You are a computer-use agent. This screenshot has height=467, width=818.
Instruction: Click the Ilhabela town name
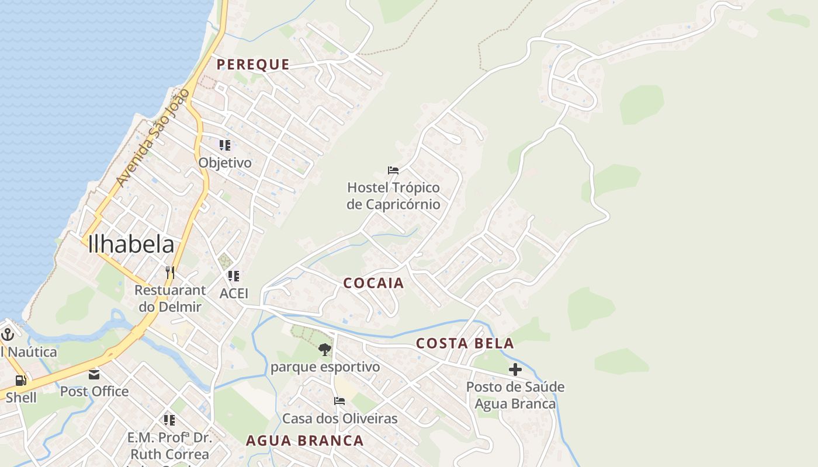point(131,245)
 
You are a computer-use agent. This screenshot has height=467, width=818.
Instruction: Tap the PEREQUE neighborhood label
point(253,64)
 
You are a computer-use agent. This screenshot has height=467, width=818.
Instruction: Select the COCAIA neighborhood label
point(373,283)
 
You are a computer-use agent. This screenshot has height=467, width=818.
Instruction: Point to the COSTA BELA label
point(465,343)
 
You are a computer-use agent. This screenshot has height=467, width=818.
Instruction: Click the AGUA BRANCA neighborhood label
point(304,440)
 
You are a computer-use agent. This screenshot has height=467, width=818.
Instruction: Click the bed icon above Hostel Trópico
point(393,170)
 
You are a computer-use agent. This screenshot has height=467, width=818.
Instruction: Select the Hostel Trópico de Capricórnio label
point(393,196)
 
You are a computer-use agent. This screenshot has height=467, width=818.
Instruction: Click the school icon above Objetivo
point(225,145)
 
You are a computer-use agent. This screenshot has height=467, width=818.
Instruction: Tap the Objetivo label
point(225,163)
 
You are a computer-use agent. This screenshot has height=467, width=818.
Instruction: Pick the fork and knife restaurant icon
point(170,272)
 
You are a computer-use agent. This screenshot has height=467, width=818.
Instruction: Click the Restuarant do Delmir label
point(170,298)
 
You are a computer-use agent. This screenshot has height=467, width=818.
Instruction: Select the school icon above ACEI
point(234,276)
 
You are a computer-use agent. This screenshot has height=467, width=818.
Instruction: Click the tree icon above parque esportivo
point(325,350)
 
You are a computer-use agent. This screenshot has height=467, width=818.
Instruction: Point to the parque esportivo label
point(325,367)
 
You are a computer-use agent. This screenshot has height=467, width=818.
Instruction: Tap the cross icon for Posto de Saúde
point(515,370)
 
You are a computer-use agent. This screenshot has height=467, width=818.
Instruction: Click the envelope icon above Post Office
point(94,374)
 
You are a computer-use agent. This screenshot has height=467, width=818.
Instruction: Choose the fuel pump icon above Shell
point(21,381)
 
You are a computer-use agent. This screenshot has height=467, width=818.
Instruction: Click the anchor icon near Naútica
point(8,334)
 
